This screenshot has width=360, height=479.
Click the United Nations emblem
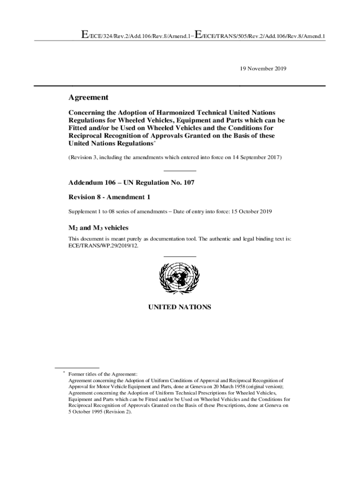[x=180, y=278]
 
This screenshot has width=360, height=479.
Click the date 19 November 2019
[x=263, y=68]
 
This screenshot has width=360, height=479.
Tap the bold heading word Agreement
[x=89, y=97]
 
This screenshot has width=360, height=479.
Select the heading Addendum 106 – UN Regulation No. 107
[x=131, y=182]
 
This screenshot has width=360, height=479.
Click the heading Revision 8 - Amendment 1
[x=110, y=197]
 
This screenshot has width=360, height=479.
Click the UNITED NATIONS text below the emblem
[x=180, y=307]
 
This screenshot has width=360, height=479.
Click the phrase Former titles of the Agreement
[x=103, y=374]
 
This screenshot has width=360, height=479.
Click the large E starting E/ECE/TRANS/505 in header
[x=198, y=34]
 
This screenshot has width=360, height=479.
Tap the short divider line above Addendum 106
[x=180, y=171]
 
